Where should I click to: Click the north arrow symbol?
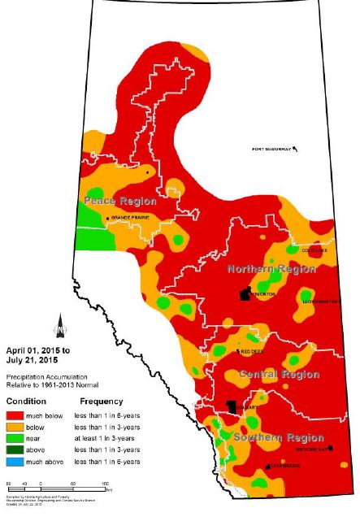pos(56,326)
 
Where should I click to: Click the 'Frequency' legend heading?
pos(101,402)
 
